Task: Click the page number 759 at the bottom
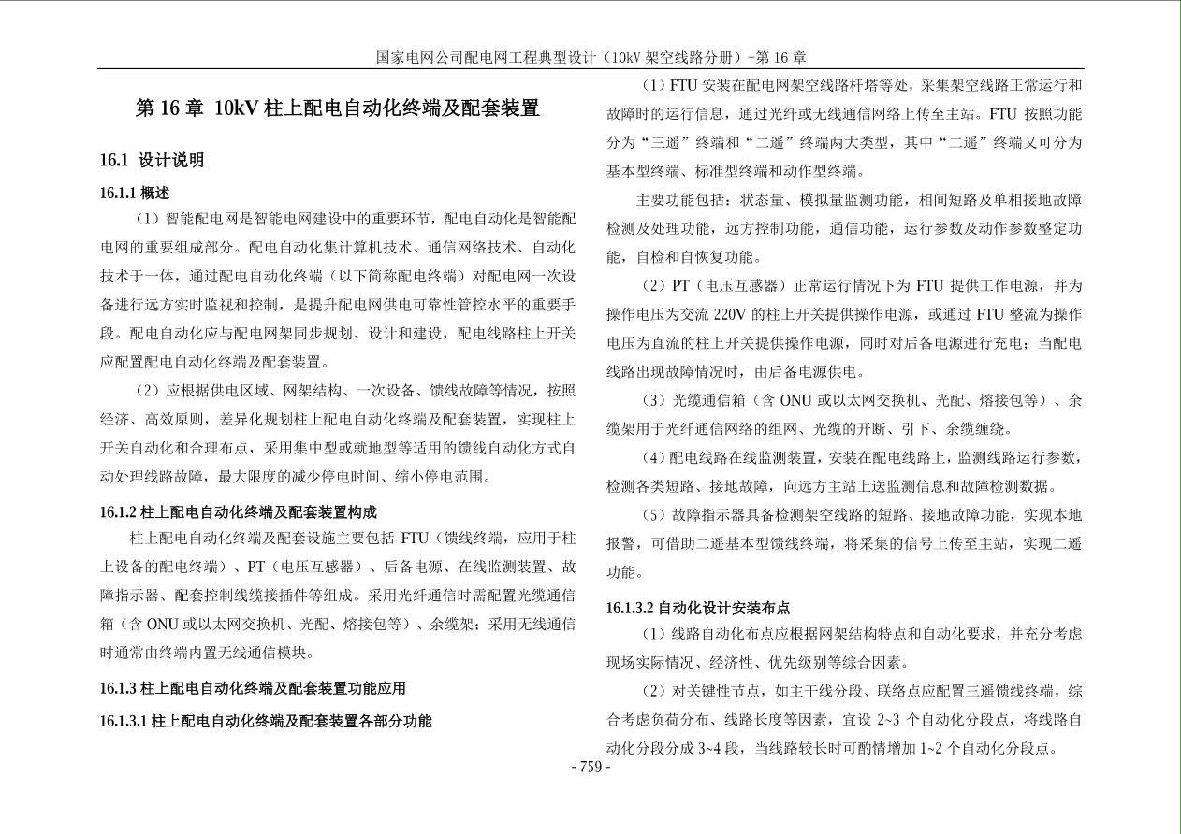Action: [590, 768]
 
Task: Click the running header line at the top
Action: [590, 57]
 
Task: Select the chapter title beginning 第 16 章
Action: [337, 108]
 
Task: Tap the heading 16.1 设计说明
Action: [152, 160]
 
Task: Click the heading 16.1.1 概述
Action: [135, 193]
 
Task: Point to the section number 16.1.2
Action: [119, 512]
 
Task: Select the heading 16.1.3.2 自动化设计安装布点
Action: [698, 608]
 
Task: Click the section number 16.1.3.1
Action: [124, 721]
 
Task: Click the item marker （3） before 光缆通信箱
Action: [651, 400]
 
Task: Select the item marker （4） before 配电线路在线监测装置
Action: [651, 458]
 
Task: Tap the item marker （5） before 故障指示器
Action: [651, 515]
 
